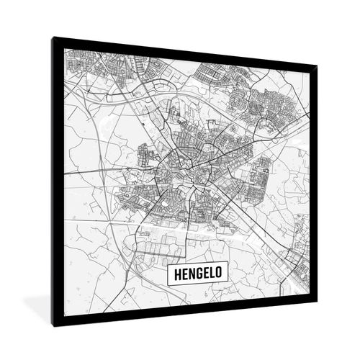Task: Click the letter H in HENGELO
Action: [174, 274]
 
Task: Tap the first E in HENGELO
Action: [182, 274]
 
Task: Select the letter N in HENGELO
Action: [190, 274]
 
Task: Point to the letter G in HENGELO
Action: [199, 274]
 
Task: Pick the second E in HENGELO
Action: [207, 274]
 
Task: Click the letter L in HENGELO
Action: [214, 274]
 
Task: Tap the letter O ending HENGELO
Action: [222, 274]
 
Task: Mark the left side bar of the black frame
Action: [57, 180]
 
